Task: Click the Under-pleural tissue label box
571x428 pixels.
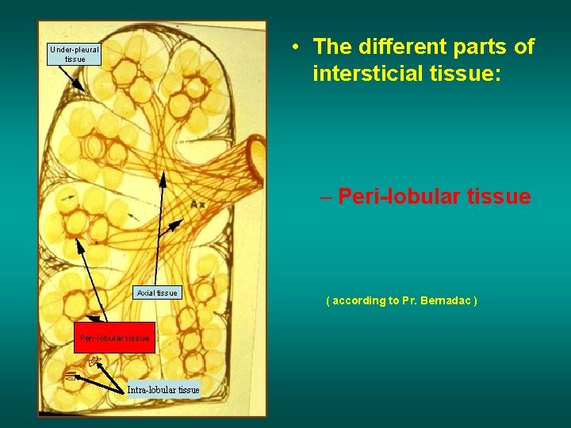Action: tap(75, 54)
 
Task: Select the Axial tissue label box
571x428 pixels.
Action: tap(157, 293)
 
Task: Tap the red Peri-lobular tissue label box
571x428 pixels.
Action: tap(115, 338)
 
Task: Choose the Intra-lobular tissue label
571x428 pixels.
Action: tap(163, 389)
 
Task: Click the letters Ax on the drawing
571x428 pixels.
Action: tap(197, 204)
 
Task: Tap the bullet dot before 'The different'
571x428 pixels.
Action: tap(294, 46)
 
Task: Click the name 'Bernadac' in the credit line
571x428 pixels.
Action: tap(448, 301)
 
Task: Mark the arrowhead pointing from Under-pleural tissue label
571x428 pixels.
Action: tap(82, 87)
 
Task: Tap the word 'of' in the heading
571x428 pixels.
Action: tap(524, 47)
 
